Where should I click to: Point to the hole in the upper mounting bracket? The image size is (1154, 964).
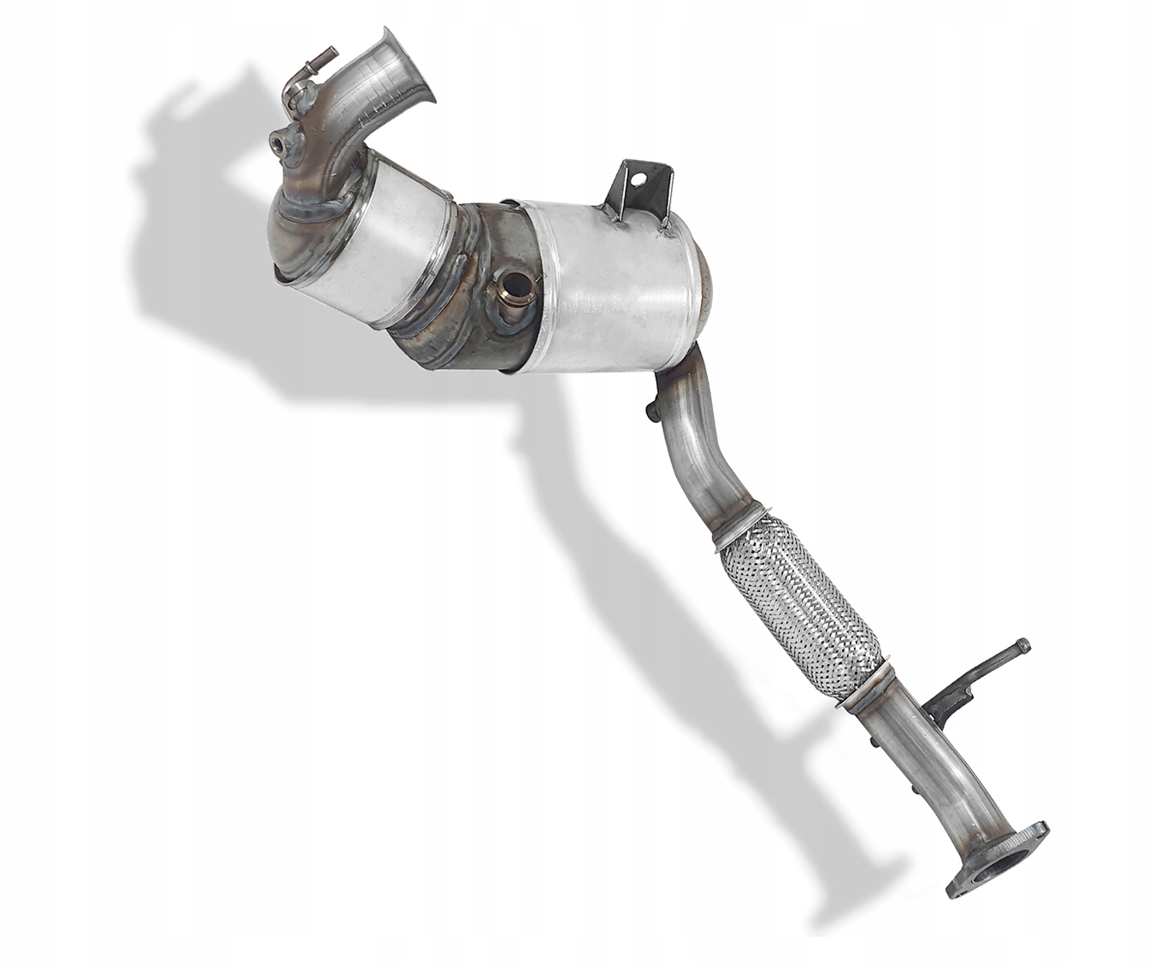coord(635,179)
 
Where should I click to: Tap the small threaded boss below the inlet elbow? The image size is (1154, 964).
coord(281,142)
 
